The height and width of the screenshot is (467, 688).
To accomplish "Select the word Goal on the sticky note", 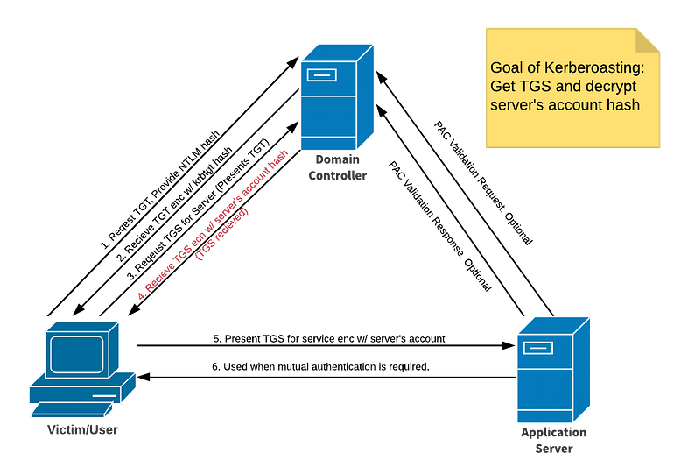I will (x=507, y=67).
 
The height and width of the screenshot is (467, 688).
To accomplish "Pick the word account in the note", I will (x=572, y=104).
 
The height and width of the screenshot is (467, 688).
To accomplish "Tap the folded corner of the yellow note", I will (x=649, y=39).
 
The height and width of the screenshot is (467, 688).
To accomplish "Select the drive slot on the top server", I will (x=320, y=75).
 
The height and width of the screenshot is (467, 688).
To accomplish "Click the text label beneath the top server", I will (x=337, y=166).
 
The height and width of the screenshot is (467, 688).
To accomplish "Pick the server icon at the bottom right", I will (x=551, y=369).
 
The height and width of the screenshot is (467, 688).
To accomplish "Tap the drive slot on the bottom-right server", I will (x=537, y=348).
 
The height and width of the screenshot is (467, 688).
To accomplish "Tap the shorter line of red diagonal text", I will (x=224, y=237).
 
